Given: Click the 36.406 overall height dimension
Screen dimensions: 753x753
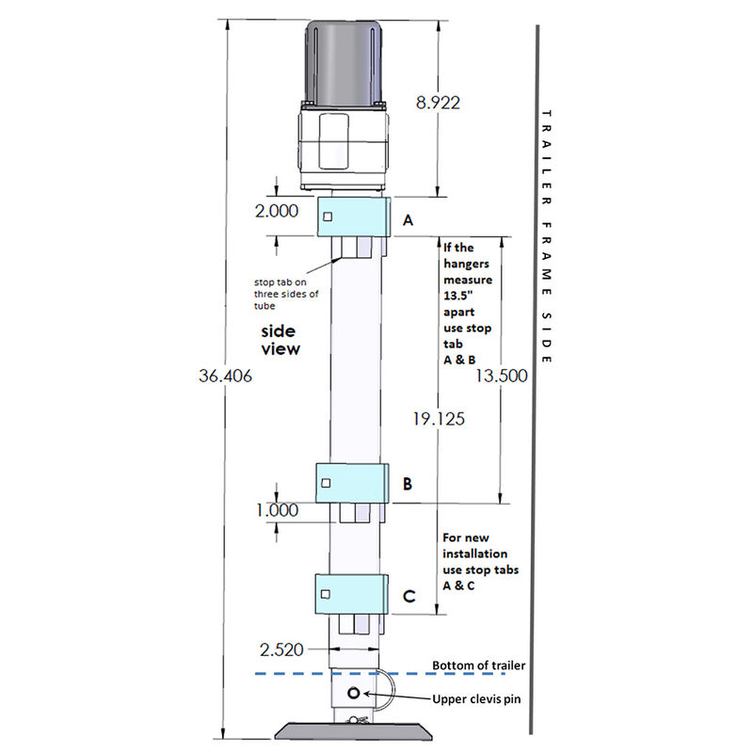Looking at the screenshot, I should click(226, 375).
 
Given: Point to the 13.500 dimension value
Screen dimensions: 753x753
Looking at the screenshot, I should click(502, 375).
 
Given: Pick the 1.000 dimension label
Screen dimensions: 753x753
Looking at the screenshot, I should click(276, 510).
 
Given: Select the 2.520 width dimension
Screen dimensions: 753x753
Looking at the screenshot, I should click(283, 649).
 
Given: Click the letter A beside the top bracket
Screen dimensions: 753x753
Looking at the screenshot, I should click(408, 220).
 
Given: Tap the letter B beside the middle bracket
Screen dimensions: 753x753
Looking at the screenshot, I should click(408, 484).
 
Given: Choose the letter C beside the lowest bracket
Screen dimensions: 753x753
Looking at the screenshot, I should click(408, 595).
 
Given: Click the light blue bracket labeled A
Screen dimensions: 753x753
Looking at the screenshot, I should click(353, 217).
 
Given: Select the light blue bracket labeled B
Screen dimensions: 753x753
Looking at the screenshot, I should click(353, 483).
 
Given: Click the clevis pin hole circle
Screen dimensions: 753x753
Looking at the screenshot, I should click(354, 694).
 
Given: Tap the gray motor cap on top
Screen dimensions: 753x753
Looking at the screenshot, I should click(346, 61).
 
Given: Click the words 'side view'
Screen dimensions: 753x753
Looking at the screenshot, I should click(279, 340).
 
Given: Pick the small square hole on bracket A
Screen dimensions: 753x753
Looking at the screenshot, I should click(326, 217).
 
